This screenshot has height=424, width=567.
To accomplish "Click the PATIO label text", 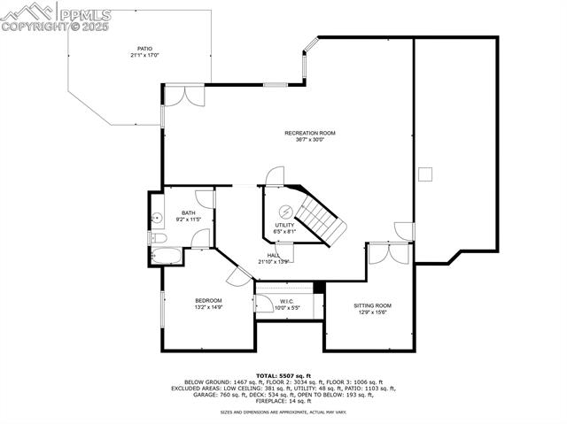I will (144, 49).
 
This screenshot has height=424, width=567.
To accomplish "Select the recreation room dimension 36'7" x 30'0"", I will (304, 140).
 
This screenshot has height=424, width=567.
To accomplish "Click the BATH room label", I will (189, 212).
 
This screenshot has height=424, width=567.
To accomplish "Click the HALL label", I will (274, 255).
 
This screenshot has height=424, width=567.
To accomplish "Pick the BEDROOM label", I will (207, 301).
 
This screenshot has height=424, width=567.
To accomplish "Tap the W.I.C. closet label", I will (287, 301).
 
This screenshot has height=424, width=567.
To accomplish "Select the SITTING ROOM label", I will (372, 305).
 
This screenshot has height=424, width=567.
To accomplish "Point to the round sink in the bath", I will (157, 217).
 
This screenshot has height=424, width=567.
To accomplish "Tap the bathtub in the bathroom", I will (167, 257).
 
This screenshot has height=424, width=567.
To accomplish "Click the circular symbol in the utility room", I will (286, 211).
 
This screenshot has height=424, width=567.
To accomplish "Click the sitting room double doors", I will (389, 253).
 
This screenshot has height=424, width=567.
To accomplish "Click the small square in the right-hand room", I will (426, 173).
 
